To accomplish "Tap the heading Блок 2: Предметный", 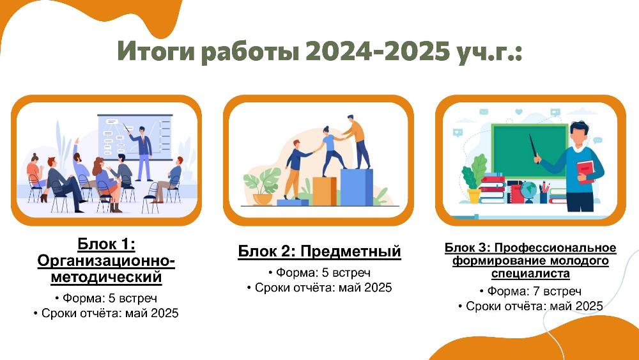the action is [319, 251].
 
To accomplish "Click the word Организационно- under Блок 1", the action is [106, 261].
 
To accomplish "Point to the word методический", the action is [106, 278].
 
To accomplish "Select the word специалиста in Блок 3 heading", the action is [530, 273].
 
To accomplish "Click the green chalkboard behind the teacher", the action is [530, 151].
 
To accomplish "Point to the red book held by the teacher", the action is [585, 171].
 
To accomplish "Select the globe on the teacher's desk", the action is [528, 192].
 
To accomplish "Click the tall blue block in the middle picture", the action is [356, 187].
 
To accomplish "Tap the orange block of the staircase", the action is [325, 191].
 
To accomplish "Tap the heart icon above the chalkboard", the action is [519, 111].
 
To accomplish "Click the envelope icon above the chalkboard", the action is [484, 111].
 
